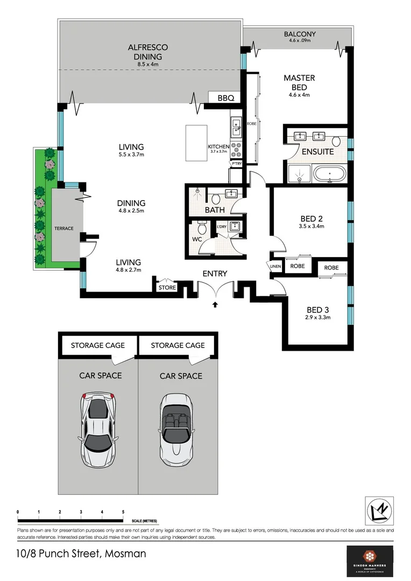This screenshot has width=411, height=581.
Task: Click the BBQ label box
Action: (225, 98)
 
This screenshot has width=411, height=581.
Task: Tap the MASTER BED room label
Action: (299, 82)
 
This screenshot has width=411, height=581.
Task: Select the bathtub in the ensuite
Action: (328, 174)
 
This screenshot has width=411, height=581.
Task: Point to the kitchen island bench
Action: (196, 142)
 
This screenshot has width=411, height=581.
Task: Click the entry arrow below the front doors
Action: (215, 304)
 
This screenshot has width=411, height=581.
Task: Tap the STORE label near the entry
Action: (167, 287)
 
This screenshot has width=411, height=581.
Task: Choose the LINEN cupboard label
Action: (275, 266)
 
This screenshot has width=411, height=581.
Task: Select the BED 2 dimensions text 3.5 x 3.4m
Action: (311, 226)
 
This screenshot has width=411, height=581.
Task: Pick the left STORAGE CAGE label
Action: (97, 345)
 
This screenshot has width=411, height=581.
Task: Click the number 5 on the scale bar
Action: (123, 512)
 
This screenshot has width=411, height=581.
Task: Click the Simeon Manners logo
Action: (370, 561)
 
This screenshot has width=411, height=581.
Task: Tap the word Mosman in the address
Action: (125, 553)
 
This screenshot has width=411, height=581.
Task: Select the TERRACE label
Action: (63, 229)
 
